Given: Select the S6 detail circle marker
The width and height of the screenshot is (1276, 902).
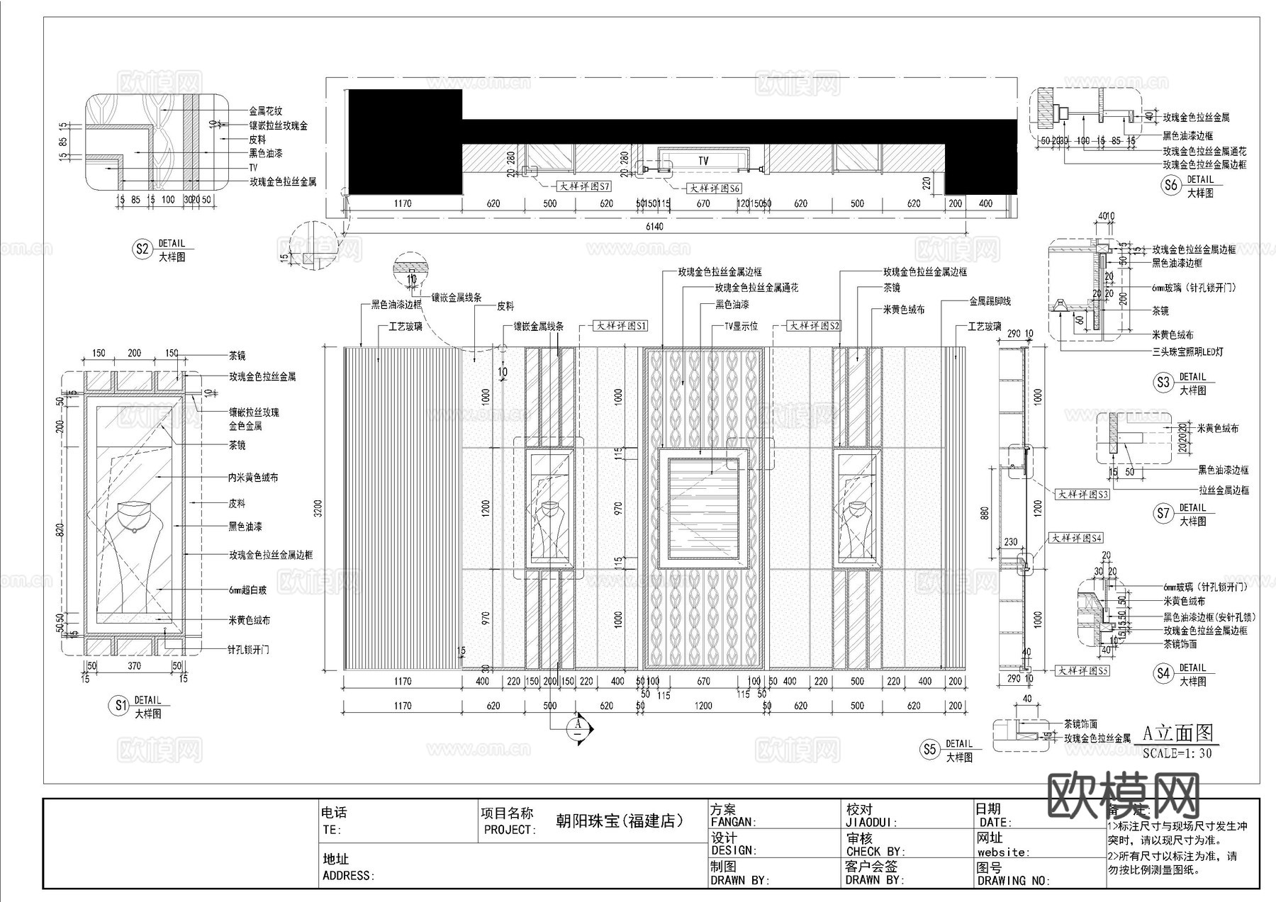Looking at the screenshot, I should pos(1170,185).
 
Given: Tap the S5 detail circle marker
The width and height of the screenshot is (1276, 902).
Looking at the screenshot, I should pos(930,749).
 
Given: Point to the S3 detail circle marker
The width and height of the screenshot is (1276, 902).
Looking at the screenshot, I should pos(1163,383).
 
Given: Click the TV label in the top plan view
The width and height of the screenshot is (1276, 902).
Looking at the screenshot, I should pos(703,161).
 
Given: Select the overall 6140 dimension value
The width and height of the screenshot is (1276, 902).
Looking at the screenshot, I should pos(654,227).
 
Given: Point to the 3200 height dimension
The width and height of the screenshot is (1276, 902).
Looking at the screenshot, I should pos(318,508).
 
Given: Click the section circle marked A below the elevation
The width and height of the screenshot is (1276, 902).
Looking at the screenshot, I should pos(578,728).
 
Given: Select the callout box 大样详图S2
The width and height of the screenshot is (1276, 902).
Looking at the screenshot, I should pos(815,326).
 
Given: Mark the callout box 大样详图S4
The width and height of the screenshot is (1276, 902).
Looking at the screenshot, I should pos(1077,538).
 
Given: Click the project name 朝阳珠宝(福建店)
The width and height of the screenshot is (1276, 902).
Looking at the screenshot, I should pos(620,821).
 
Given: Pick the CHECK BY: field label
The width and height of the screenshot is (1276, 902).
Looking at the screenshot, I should pos(875,851).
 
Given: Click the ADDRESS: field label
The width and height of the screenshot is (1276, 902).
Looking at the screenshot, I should pos(348,875).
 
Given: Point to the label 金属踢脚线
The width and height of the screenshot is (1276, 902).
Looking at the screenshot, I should pos(990,301).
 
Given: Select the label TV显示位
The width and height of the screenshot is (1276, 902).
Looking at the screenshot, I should pos(741,326).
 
